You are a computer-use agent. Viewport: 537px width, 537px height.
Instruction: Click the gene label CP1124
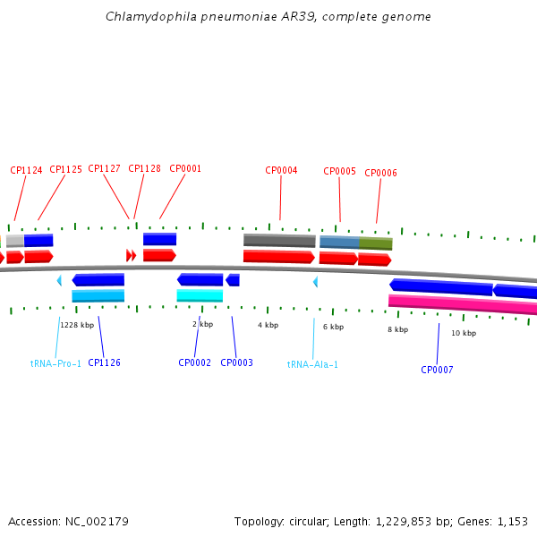tap(26, 170)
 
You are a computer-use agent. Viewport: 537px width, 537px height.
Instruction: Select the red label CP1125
tap(65, 169)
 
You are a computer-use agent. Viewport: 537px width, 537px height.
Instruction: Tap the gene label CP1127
tap(104, 168)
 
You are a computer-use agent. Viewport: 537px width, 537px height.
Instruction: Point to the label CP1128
tap(144, 168)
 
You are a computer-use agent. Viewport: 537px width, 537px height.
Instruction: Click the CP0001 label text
tap(185, 168)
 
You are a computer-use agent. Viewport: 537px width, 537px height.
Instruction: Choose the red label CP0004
tap(281, 170)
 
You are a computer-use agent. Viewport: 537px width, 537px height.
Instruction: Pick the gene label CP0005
tap(339, 171)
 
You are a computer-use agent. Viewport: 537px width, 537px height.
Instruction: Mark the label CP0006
tap(380, 173)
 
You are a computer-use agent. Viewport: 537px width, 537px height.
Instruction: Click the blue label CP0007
tap(437, 370)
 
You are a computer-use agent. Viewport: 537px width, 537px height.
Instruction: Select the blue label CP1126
tap(104, 362)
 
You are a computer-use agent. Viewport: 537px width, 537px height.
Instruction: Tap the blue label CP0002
tap(194, 362)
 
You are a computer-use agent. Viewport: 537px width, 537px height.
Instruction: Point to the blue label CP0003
tap(236, 362)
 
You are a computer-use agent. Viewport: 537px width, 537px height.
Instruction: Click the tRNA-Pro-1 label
tap(55, 363)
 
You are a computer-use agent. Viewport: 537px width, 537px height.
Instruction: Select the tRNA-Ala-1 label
tap(312, 364)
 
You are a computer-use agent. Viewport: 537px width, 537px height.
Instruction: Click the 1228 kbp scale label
tap(77, 325)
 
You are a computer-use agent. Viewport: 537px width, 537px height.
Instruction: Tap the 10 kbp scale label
tap(463, 333)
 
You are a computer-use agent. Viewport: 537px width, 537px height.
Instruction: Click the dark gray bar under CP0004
tap(279, 240)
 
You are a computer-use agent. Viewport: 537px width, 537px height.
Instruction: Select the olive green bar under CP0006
tap(376, 243)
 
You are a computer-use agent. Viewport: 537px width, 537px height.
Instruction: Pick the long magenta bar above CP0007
tap(462, 304)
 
